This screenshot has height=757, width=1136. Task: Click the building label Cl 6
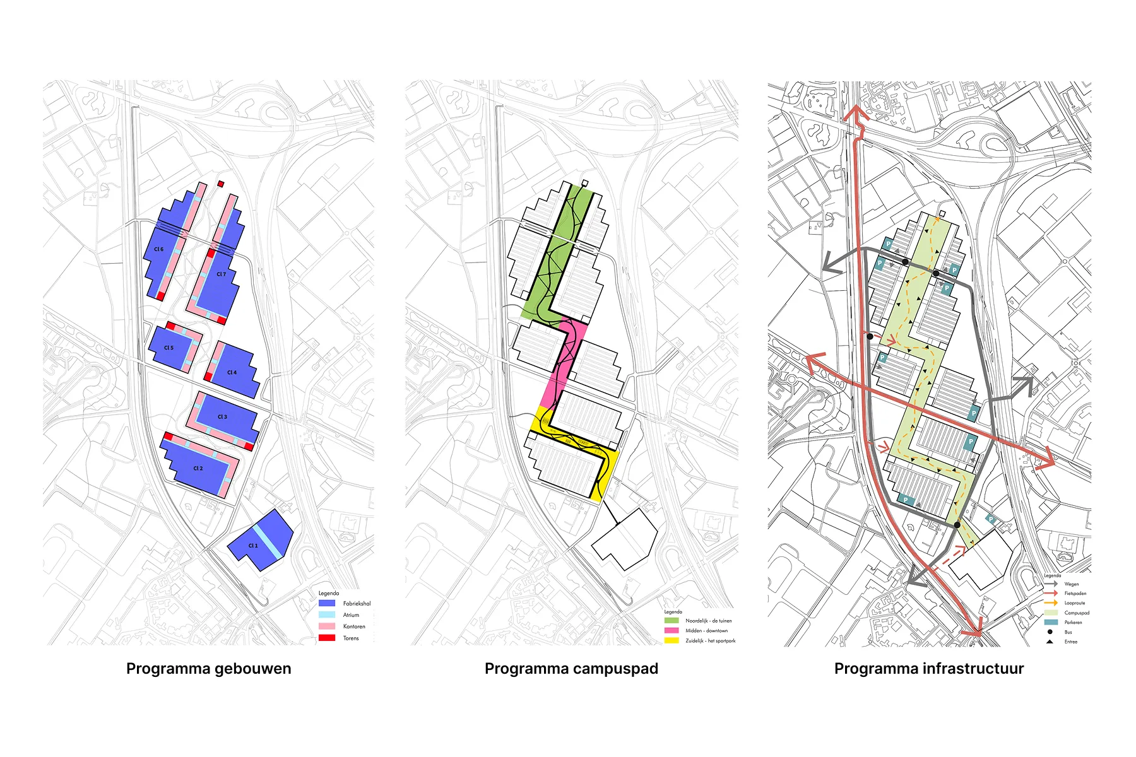(x=158, y=249)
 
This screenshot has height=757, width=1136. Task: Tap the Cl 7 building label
(x=221, y=274)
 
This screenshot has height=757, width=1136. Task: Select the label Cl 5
(x=169, y=348)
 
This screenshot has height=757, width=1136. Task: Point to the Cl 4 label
(x=232, y=372)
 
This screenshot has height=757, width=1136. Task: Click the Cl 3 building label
(x=222, y=417)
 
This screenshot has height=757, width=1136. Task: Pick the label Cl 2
(x=198, y=469)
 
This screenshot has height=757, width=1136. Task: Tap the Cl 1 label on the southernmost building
(x=252, y=546)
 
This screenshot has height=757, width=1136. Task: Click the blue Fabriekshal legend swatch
(x=327, y=604)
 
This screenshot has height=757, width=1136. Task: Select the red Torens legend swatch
(x=327, y=638)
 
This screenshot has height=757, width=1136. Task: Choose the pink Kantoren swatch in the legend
(x=327, y=626)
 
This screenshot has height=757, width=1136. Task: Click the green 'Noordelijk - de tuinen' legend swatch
(x=672, y=621)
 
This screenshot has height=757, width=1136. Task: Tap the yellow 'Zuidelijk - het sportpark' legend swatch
(x=672, y=640)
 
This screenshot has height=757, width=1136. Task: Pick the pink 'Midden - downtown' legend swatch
(x=672, y=630)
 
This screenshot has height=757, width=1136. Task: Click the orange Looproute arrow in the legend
(x=1051, y=603)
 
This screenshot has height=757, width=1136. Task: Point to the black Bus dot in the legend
(x=1050, y=631)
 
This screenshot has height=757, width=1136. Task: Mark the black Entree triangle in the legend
(x=1050, y=642)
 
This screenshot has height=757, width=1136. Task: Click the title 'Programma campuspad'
(x=571, y=669)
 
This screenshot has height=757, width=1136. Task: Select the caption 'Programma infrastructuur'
(x=929, y=669)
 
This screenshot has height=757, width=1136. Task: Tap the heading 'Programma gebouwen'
(x=209, y=669)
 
